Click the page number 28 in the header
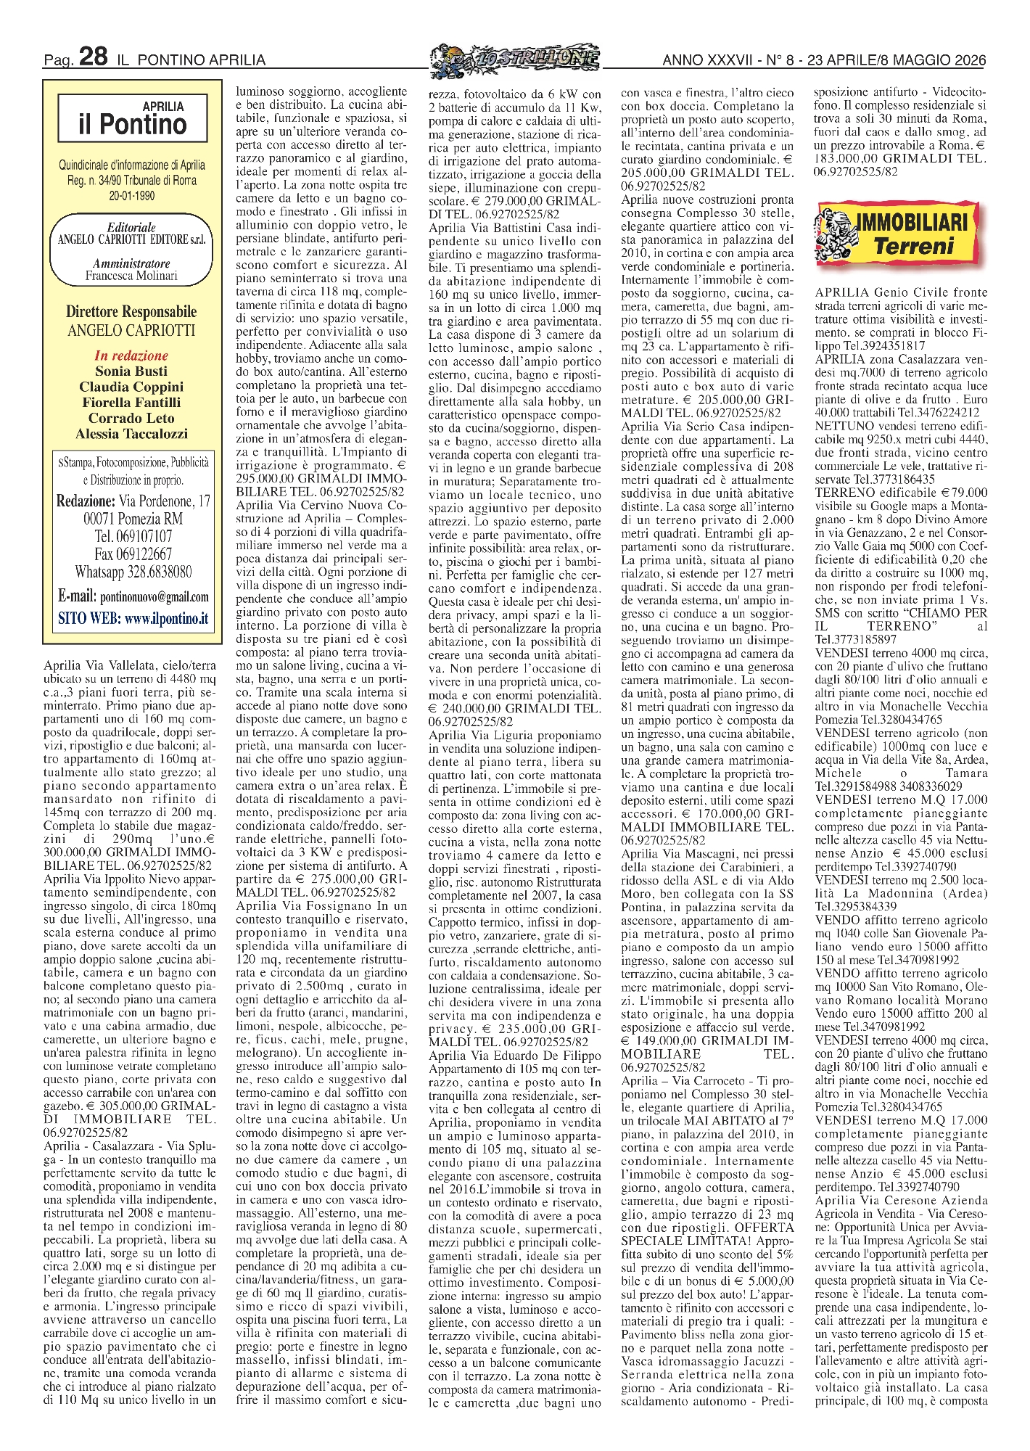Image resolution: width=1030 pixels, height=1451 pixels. coord(94,57)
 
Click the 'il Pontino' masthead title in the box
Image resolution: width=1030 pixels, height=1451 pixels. coord(133,125)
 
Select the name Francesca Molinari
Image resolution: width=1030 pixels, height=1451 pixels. coord(131,276)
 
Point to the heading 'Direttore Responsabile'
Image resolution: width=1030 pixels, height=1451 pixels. coord(131,312)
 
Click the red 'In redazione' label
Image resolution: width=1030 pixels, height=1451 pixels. coord(131,355)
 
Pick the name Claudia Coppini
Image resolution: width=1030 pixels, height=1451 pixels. coord(131,387)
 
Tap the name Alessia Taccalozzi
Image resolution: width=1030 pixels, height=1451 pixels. coord(131,434)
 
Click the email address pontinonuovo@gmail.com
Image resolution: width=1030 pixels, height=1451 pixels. coord(154,597)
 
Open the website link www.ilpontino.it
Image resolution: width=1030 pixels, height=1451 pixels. coord(166,619)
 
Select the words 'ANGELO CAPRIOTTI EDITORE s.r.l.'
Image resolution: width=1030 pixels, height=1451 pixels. coord(131,240)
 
